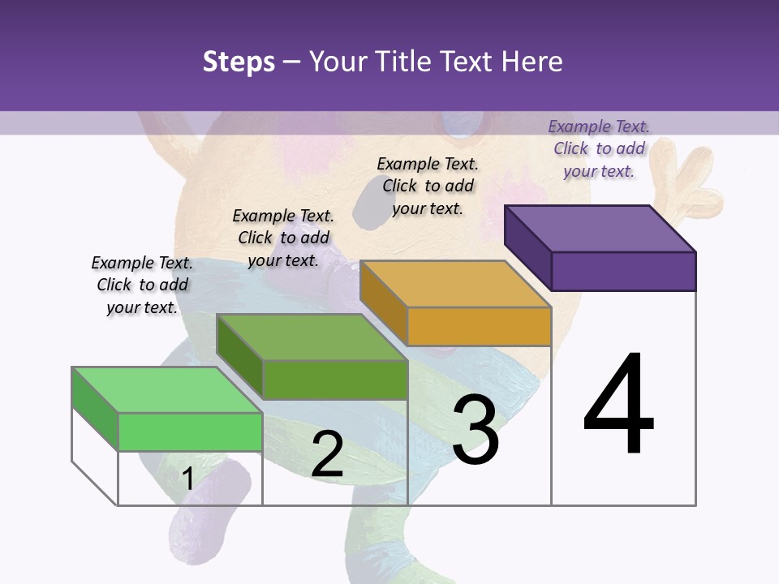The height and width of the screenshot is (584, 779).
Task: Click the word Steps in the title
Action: (239, 62)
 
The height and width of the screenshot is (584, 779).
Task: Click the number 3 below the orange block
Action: (476, 430)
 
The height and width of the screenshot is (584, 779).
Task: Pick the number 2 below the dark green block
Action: (327, 454)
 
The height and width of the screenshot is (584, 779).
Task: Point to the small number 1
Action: (187, 479)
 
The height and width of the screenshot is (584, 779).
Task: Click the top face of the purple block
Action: (600, 228)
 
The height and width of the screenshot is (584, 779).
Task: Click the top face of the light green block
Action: (167, 390)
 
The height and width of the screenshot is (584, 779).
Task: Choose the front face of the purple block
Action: (623, 271)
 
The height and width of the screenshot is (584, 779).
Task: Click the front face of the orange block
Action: (479, 326)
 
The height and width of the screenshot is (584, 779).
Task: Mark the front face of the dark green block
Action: (335, 380)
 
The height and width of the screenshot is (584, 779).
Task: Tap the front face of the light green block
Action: (190, 432)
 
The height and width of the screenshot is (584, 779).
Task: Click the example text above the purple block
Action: (599, 148)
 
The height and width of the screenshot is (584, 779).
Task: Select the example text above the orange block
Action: (428, 186)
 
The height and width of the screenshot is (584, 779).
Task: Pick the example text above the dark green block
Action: (283, 238)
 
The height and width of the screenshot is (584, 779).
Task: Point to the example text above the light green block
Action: (142, 285)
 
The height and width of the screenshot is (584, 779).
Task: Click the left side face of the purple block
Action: (528, 247)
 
